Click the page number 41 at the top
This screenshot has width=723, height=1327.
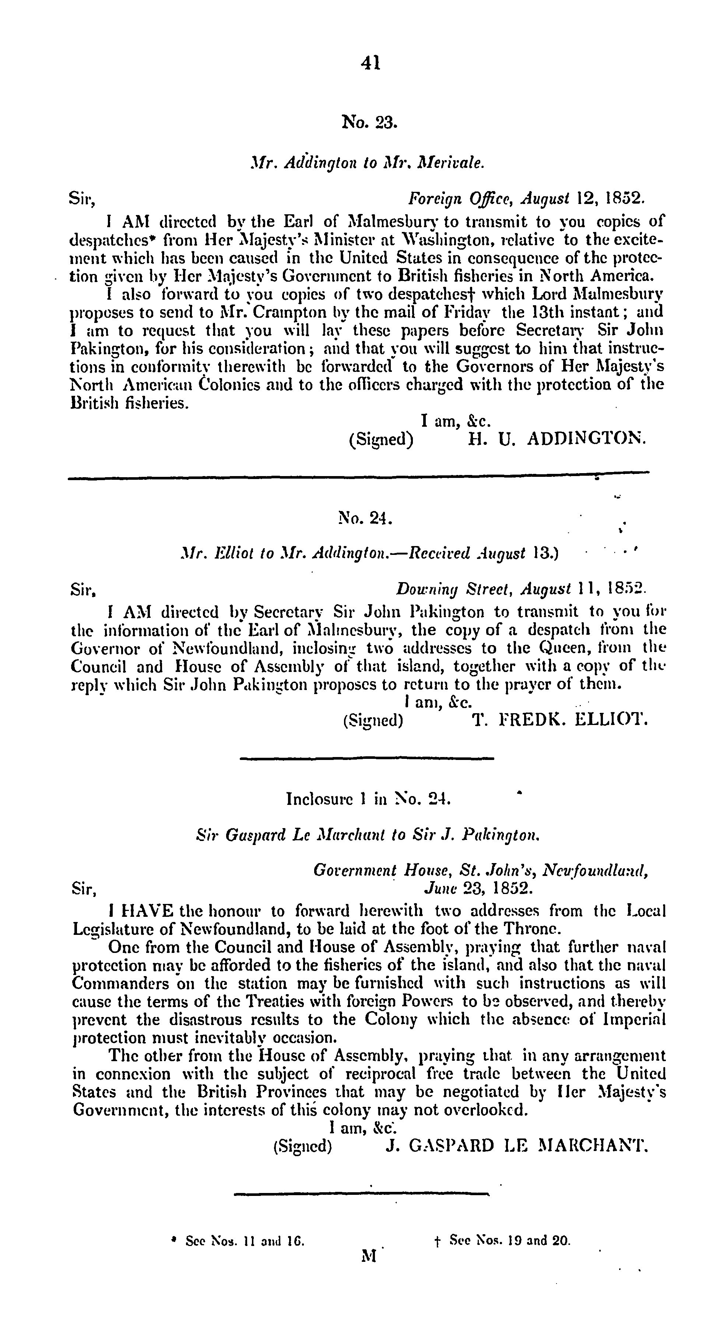[x=371, y=63]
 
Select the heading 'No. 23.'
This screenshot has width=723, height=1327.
[x=369, y=122]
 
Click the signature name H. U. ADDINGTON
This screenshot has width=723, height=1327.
[x=555, y=439]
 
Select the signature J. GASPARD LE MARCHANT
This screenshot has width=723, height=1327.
[x=515, y=1146]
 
